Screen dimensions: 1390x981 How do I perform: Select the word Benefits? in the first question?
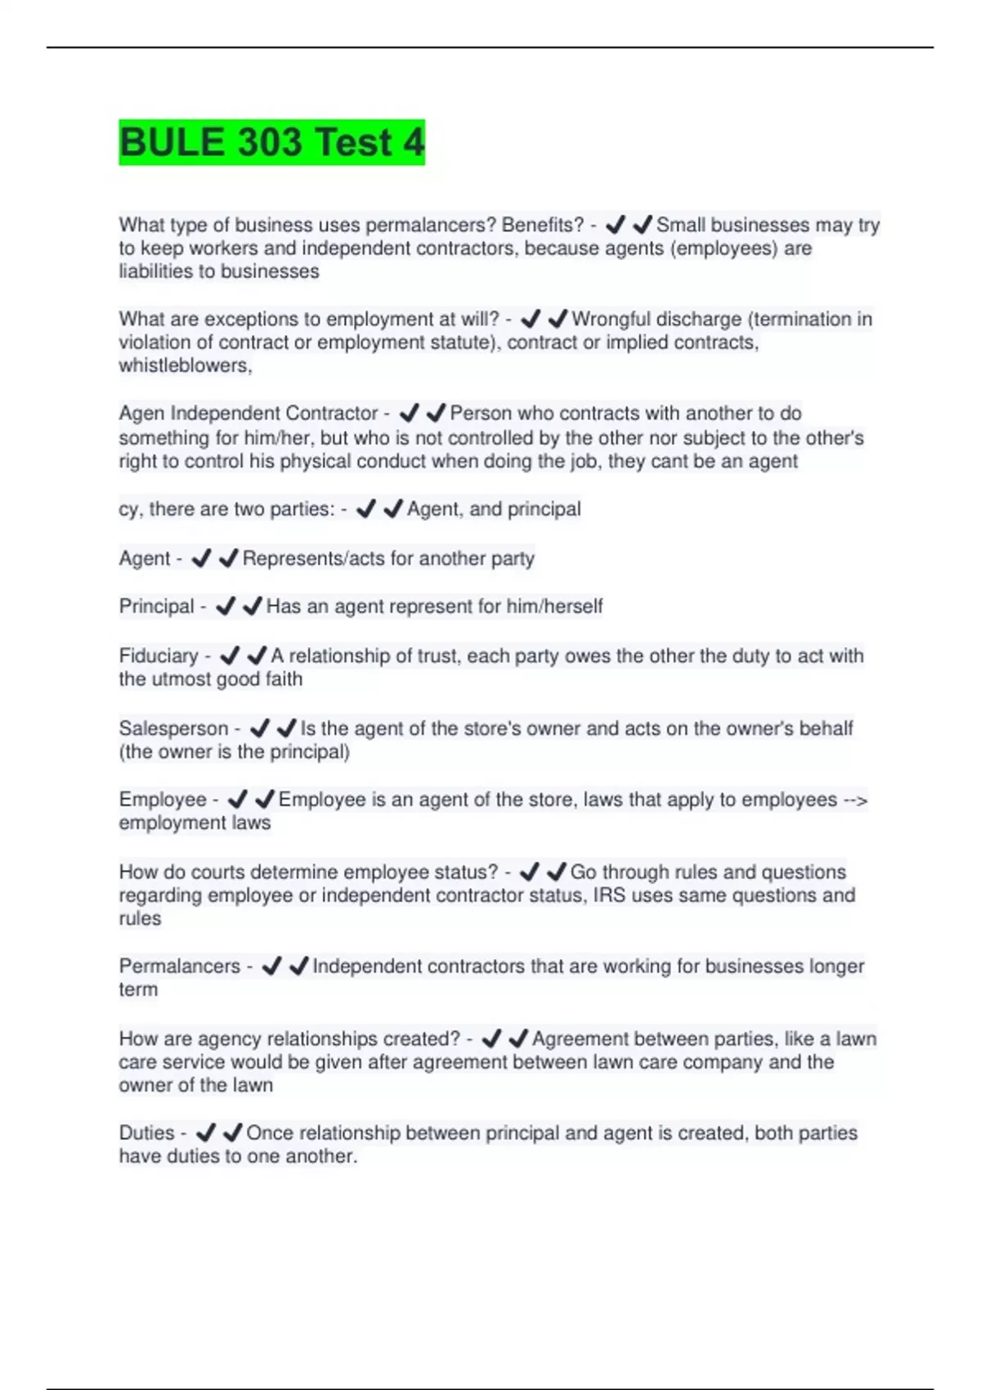coord(543,225)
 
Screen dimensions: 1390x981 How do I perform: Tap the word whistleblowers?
coord(185,365)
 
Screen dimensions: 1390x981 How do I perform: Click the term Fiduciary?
coord(159,656)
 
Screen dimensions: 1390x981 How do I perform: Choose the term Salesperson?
coord(173,729)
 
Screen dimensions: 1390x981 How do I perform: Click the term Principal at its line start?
coord(156,607)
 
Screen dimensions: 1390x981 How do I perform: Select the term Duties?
coord(146,1133)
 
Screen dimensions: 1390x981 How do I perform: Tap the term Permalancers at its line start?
coord(179,966)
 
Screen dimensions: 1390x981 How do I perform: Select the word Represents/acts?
coord(313,558)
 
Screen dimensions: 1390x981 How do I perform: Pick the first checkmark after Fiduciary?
coord(231,656)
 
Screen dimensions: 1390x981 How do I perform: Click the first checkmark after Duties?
coord(206,1133)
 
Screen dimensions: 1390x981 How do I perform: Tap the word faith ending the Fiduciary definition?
coord(284,679)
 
